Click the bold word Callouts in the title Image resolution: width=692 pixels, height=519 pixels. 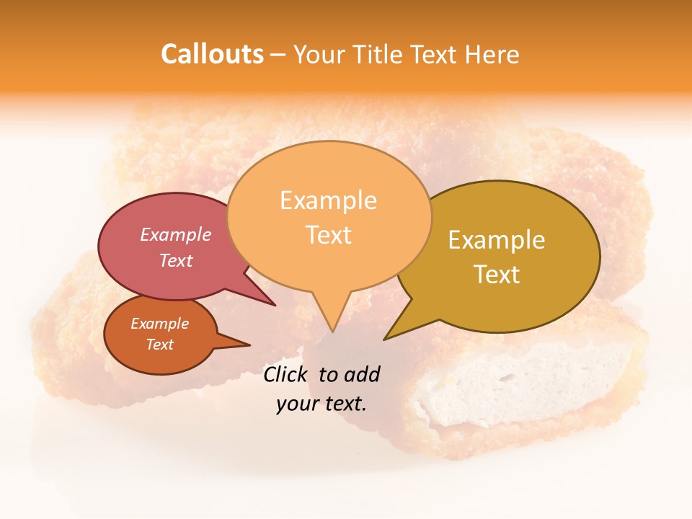click(x=212, y=54)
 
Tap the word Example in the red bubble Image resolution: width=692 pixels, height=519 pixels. click(x=176, y=234)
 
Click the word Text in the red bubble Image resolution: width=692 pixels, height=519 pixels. click(x=176, y=260)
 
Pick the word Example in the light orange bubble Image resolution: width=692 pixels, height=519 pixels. click(x=328, y=200)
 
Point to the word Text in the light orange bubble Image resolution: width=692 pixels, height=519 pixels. click(x=328, y=235)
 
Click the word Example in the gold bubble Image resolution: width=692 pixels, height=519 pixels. click(x=497, y=240)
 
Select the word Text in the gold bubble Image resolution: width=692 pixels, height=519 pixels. click(x=497, y=275)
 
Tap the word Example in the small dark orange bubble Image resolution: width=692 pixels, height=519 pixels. click(x=159, y=324)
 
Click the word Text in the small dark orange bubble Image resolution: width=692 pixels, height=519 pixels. click(x=159, y=345)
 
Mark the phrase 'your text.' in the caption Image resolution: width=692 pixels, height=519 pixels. click(x=321, y=404)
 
